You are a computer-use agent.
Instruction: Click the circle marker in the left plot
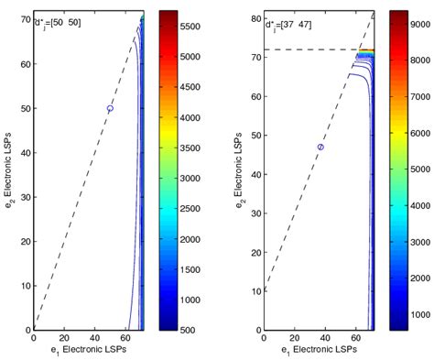coord(110,108)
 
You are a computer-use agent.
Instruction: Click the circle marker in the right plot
coord(320,147)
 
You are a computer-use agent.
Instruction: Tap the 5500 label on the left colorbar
coord(190,28)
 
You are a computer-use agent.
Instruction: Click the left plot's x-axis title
coord(88,352)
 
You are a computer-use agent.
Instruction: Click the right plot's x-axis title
coord(319,352)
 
